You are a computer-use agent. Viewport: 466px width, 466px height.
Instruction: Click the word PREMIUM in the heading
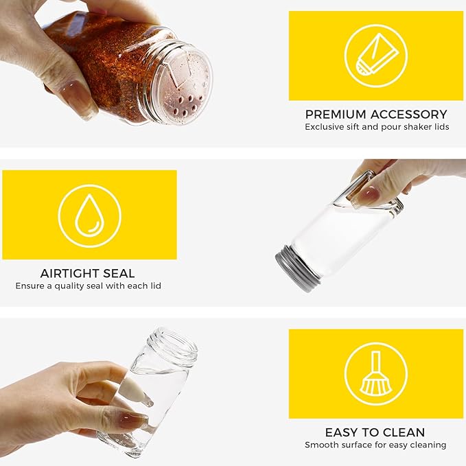[336, 115]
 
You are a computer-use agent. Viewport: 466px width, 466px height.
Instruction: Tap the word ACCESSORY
[408, 115]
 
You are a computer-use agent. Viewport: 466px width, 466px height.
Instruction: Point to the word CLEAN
[402, 432]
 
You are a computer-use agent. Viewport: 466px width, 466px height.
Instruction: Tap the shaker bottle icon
[377, 54]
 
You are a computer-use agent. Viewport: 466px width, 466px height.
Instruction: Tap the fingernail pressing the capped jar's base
[368, 196]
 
